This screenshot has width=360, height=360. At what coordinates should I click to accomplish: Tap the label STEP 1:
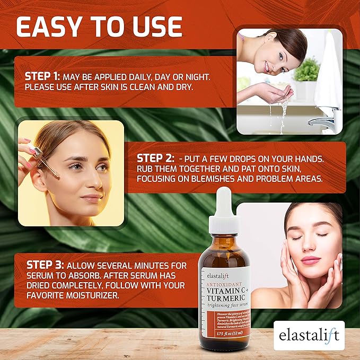[x=44, y=76]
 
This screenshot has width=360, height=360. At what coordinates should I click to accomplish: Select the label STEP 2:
[x=154, y=158]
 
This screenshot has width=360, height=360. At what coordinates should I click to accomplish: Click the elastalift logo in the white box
[x=310, y=336]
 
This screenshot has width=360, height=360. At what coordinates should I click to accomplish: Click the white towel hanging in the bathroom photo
[x=329, y=69]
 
